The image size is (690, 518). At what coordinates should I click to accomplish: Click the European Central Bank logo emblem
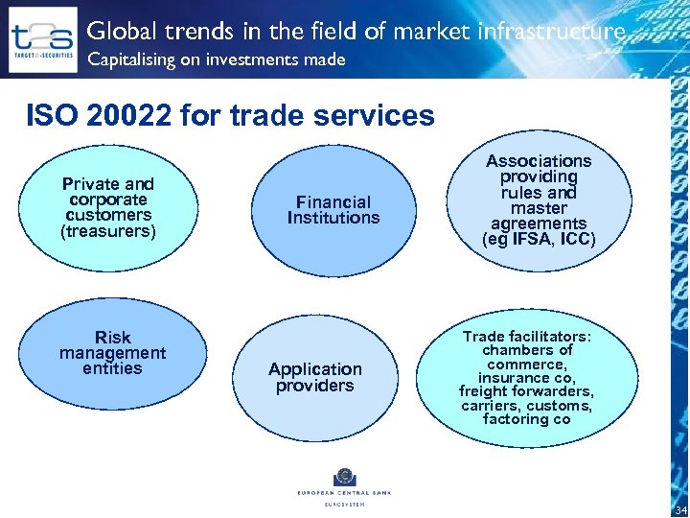[344, 478]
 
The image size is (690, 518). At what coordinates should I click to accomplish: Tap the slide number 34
[680, 509]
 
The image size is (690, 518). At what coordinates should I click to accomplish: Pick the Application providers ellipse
[315, 377]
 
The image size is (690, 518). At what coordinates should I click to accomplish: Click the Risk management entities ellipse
[112, 353]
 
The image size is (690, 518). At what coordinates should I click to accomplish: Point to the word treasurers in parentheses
[108, 231]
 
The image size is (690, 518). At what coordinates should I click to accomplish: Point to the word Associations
[539, 161]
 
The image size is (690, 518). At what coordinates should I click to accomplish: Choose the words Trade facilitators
[526, 337]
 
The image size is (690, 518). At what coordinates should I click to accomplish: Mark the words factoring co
[527, 419]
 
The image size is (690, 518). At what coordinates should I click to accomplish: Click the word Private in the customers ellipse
[91, 184]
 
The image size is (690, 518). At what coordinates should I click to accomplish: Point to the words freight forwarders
[526, 392]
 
